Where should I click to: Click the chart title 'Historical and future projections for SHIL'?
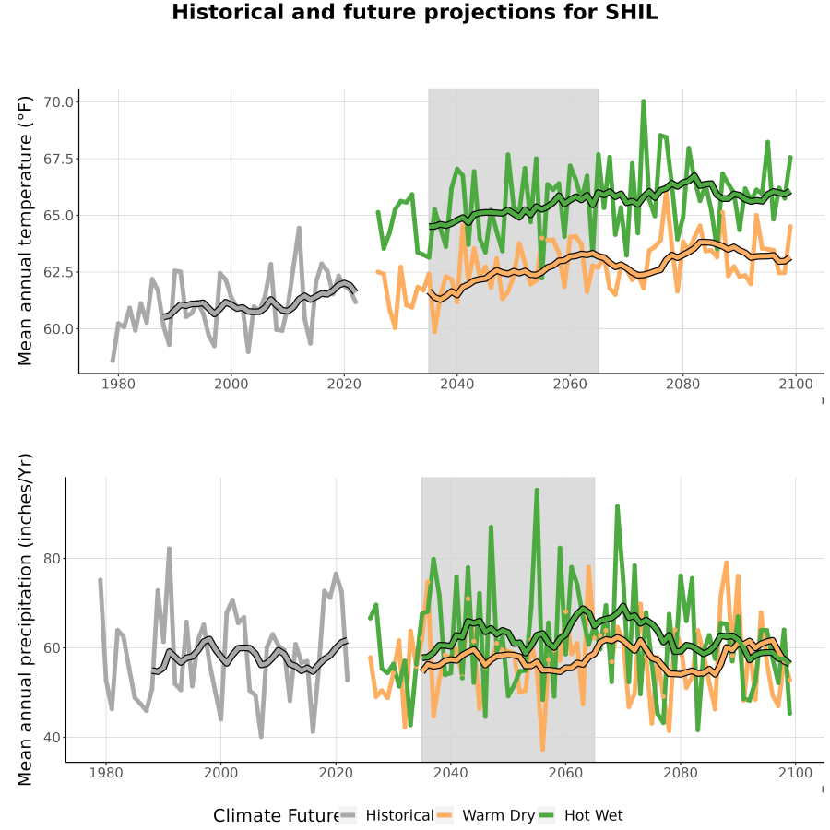(414, 13)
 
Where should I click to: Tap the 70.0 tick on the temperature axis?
(58, 102)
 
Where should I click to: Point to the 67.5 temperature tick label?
(58, 159)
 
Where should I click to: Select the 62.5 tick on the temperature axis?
(58, 272)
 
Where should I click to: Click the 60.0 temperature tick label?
(58, 328)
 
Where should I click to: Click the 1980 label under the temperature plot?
(118, 384)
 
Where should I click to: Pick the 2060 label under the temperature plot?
(570, 384)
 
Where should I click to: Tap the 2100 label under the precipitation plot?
(795, 773)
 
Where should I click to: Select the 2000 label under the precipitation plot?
(220, 773)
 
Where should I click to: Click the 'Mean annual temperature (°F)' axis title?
(25, 231)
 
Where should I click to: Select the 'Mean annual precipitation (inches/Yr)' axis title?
(25, 620)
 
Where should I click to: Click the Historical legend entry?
(386, 815)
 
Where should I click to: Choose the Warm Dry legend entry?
(485, 815)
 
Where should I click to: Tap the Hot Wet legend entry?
(581, 815)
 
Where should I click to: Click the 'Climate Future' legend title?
(277, 816)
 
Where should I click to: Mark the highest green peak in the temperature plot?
(644, 101)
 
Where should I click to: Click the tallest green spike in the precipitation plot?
(537, 490)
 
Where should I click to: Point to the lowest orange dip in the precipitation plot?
(542, 749)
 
